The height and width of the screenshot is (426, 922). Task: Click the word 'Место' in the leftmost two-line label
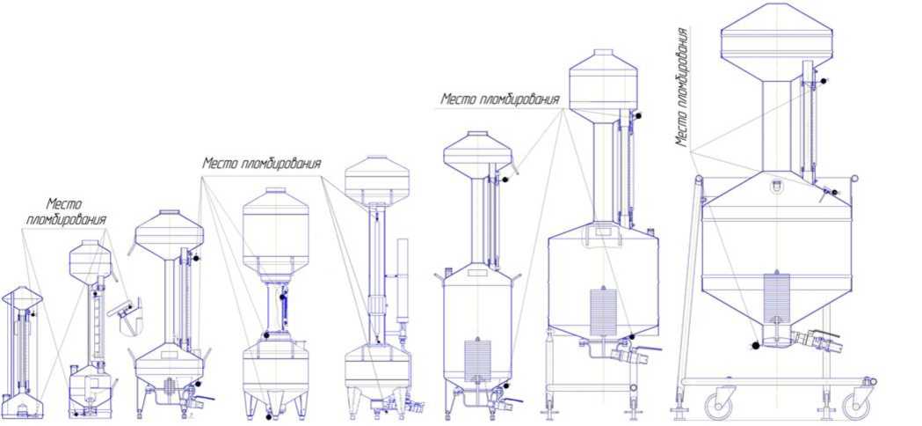[x=64, y=205]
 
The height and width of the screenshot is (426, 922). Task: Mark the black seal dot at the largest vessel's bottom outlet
[x=756, y=346]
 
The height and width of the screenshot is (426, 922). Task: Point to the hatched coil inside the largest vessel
[x=776, y=297]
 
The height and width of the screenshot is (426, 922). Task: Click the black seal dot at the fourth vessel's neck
[x=266, y=335]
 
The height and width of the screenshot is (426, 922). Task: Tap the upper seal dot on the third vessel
[x=196, y=258]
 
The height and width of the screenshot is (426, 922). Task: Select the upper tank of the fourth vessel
[x=276, y=231]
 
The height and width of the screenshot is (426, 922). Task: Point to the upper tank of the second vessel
[x=90, y=260]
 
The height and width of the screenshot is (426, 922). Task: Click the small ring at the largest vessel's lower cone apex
[x=777, y=321]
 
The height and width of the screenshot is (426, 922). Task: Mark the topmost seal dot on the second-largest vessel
[x=639, y=115]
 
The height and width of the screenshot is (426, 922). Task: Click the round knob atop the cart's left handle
[x=699, y=179]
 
